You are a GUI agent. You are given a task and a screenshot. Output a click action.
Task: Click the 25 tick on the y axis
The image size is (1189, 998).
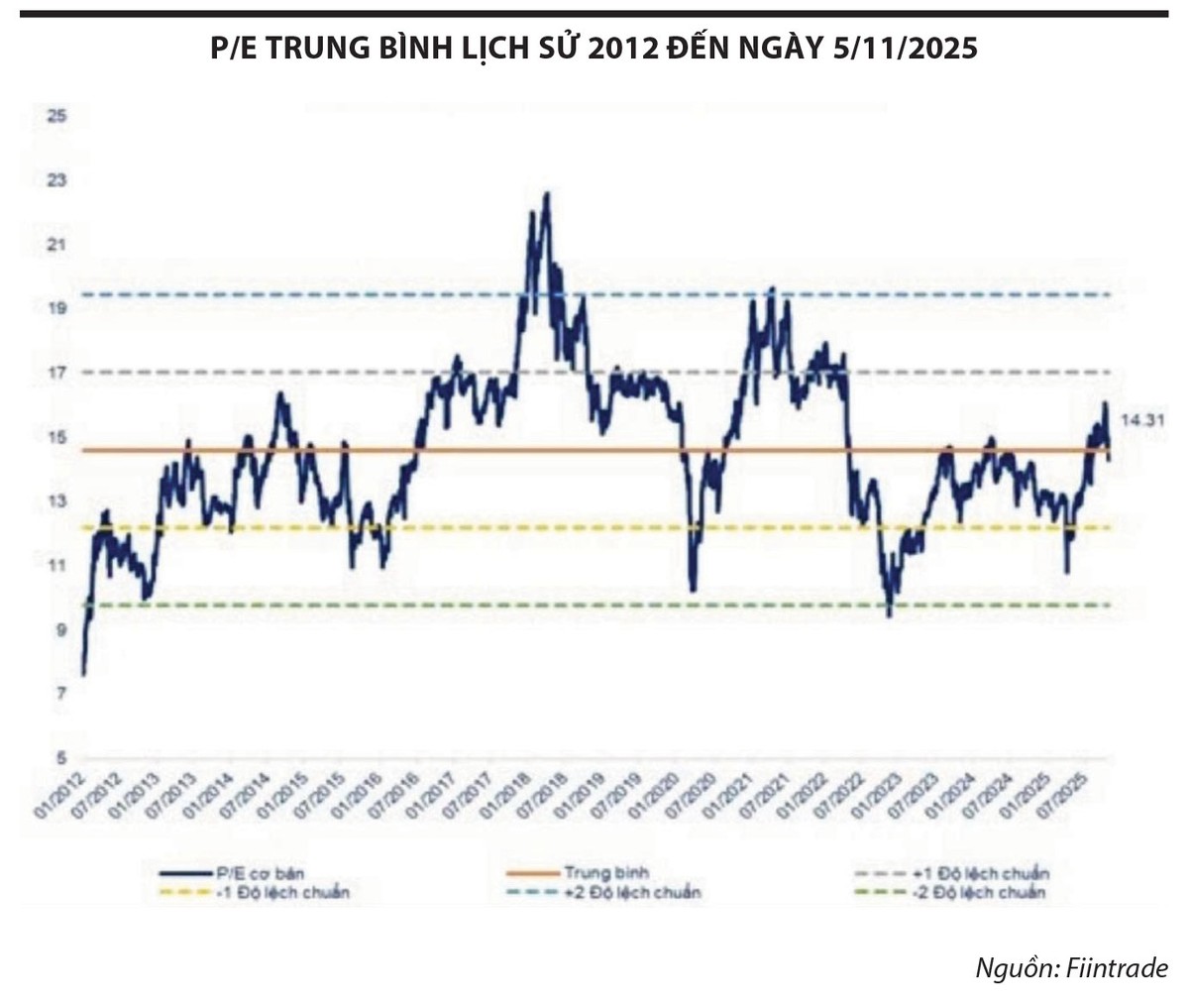point(55,116)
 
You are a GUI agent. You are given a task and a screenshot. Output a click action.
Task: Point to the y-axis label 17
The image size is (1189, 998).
point(55,373)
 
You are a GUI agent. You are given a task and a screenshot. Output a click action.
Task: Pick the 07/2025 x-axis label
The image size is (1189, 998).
point(1083,796)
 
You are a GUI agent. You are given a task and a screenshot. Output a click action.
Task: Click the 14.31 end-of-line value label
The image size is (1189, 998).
point(1141,420)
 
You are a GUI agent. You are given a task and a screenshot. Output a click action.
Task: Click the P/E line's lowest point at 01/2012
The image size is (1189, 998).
point(83,675)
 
